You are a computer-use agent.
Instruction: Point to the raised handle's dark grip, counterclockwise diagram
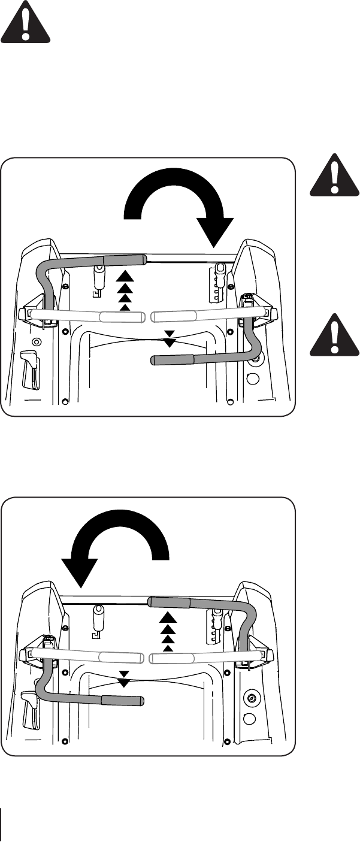coord(170,602)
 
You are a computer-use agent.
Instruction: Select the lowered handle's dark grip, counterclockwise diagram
coord(123,699)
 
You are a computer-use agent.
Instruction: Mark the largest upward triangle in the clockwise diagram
coord(123,276)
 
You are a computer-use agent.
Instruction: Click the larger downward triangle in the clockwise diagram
coord(170,343)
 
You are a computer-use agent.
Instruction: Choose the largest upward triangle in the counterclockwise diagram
coord(168,617)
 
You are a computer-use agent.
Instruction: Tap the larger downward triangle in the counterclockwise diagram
coord(123,682)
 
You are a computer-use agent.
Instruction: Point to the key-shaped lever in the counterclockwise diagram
coord(97,620)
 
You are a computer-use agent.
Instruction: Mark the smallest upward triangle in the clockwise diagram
coord(124,307)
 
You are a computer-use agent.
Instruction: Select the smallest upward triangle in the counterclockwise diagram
coord(168,647)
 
